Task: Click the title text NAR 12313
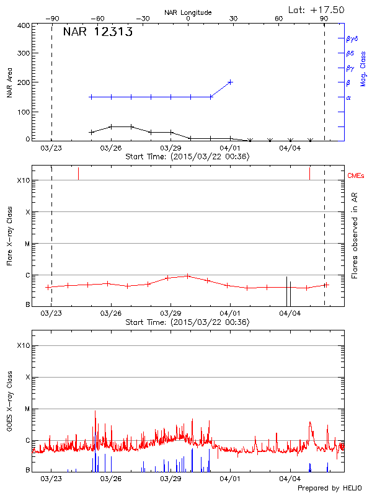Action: pos(97,33)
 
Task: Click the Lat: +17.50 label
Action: pos(317,9)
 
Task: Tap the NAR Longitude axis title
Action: pos(188,12)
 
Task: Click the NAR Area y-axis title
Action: pos(10,83)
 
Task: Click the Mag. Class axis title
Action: pos(363,69)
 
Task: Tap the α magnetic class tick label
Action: pos(348,97)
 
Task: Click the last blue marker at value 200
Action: pos(230,82)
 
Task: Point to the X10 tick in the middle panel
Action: pos(24,180)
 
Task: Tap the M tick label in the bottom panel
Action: pos(27,409)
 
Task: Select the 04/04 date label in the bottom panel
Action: pos(290,479)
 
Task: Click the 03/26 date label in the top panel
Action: pos(110,148)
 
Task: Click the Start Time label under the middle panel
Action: pos(187,322)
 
